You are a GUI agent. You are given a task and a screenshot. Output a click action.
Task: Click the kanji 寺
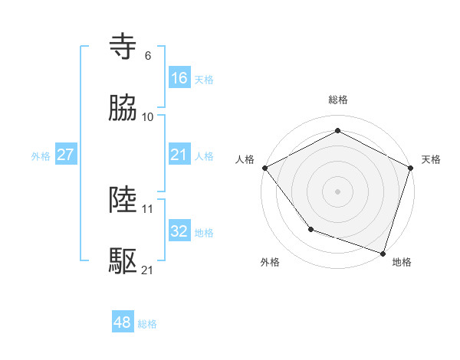pos(124,47)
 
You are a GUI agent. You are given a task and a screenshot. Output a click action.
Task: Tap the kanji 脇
pos(124,108)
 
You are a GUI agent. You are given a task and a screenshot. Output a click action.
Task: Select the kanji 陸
pos(124,200)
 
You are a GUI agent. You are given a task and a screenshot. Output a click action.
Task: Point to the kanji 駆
pos(124,261)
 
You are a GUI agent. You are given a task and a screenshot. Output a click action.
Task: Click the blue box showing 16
pos(179,77)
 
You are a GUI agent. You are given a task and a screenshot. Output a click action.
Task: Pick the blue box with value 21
pos(179,154)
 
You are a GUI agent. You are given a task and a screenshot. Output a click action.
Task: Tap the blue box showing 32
pos(179,231)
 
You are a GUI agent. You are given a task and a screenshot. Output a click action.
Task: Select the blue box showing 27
pos(66,154)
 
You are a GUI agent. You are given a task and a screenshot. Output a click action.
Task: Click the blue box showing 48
pos(123,322)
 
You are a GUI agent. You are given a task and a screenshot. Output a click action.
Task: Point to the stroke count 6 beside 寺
pos(148,56)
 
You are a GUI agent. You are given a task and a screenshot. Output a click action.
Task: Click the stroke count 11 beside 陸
pos(148,208)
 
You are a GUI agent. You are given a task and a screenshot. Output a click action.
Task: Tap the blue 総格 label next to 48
pos(147,324)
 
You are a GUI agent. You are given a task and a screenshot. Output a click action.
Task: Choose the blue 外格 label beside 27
pos(41,155)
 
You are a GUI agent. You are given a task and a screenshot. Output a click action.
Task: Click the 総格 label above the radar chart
pos(338,100)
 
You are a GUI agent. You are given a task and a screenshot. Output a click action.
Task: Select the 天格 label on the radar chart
pos(431,159)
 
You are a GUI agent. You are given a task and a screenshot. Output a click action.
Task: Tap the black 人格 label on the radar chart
pos(245,159)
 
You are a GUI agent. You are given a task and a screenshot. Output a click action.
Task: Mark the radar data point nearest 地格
pos(383,253)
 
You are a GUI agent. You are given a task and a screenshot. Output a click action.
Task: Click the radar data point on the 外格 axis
pos(310,229)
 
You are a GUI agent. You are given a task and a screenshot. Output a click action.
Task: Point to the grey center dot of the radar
pos(338,191)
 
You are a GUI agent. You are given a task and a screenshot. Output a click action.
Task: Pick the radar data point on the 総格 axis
pos(338,131)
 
